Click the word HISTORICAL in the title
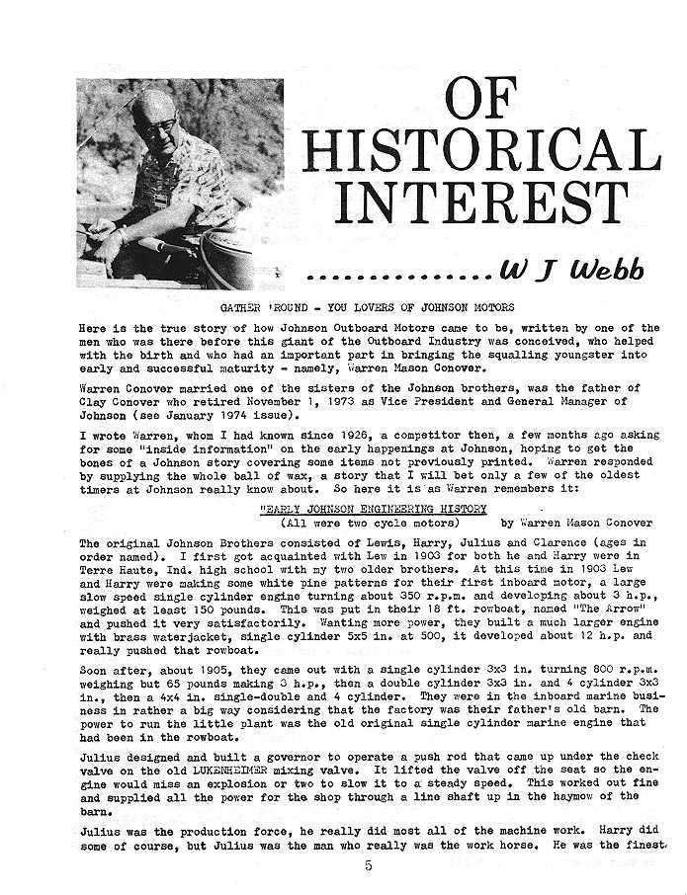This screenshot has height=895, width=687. (x=481, y=149)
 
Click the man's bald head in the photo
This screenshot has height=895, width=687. (x=153, y=104)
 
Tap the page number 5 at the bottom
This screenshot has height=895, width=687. (x=368, y=867)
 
